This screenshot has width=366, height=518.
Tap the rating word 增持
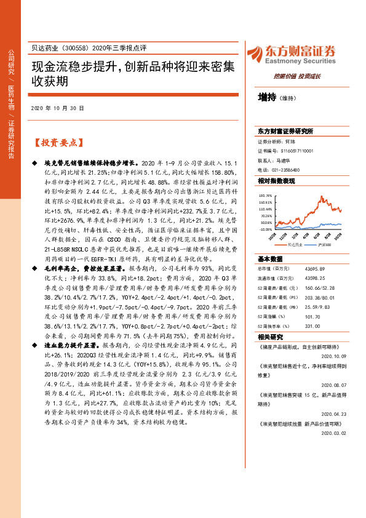[266, 97]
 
